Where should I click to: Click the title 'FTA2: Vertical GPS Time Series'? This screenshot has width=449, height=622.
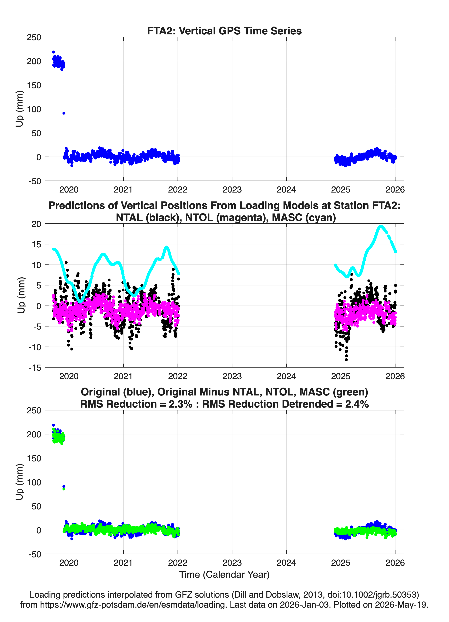tap(224, 31)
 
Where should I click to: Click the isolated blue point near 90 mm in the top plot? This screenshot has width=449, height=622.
tap(64, 113)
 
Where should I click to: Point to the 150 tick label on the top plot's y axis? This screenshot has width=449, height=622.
tap(34, 85)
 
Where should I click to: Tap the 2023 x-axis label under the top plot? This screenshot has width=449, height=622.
tap(232, 190)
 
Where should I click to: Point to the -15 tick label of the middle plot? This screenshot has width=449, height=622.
tap(35, 368)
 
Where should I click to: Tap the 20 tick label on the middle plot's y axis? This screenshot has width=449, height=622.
tap(36, 224)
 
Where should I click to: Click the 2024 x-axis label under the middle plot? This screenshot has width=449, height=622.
tap(286, 376)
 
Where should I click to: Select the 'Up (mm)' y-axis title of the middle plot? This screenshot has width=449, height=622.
tap(21, 295)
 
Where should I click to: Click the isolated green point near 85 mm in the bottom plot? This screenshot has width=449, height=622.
tap(64, 489)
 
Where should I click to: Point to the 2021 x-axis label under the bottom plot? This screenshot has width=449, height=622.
tap(123, 563)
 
